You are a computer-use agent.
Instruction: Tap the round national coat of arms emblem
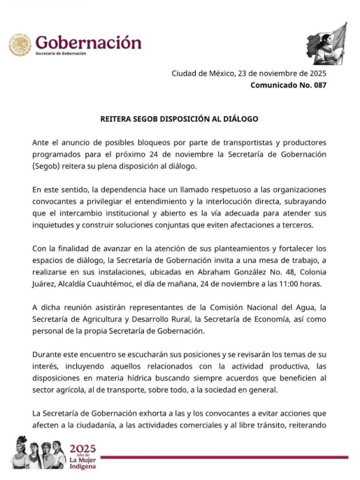point(20,45)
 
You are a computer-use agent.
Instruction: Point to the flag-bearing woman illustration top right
point(326,43)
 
